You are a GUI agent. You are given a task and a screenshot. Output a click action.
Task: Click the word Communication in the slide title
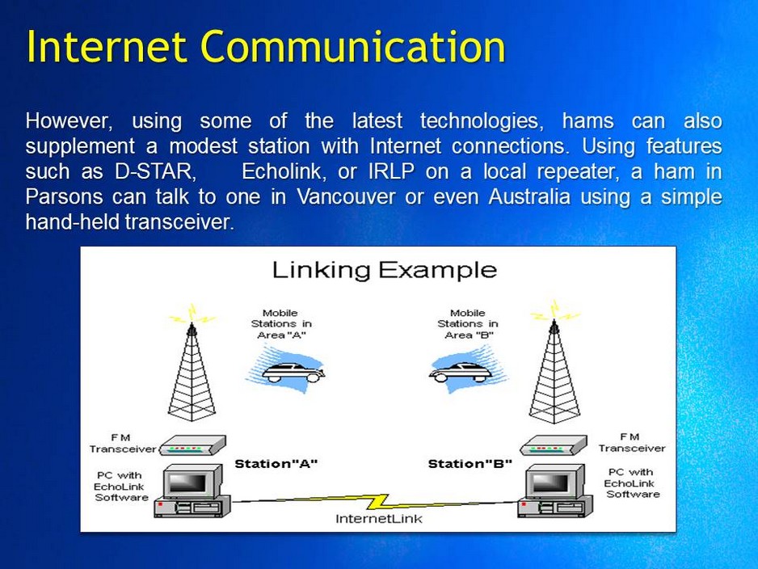tap(353, 46)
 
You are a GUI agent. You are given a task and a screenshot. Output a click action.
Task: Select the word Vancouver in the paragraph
tap(345, 197)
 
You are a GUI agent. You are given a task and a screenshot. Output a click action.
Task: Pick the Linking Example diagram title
tap(384, 269)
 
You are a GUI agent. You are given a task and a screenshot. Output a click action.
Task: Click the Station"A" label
tap(276, 464)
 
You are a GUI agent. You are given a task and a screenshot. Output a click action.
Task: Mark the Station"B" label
tap(470, 464)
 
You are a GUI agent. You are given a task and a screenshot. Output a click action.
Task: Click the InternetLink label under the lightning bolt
tap(378, 519)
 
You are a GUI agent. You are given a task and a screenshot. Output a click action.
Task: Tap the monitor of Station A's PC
tap(187, 483)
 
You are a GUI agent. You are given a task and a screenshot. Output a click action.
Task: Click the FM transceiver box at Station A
tap(192, 446)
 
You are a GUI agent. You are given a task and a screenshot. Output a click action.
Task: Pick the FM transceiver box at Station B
tap(552, 446)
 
